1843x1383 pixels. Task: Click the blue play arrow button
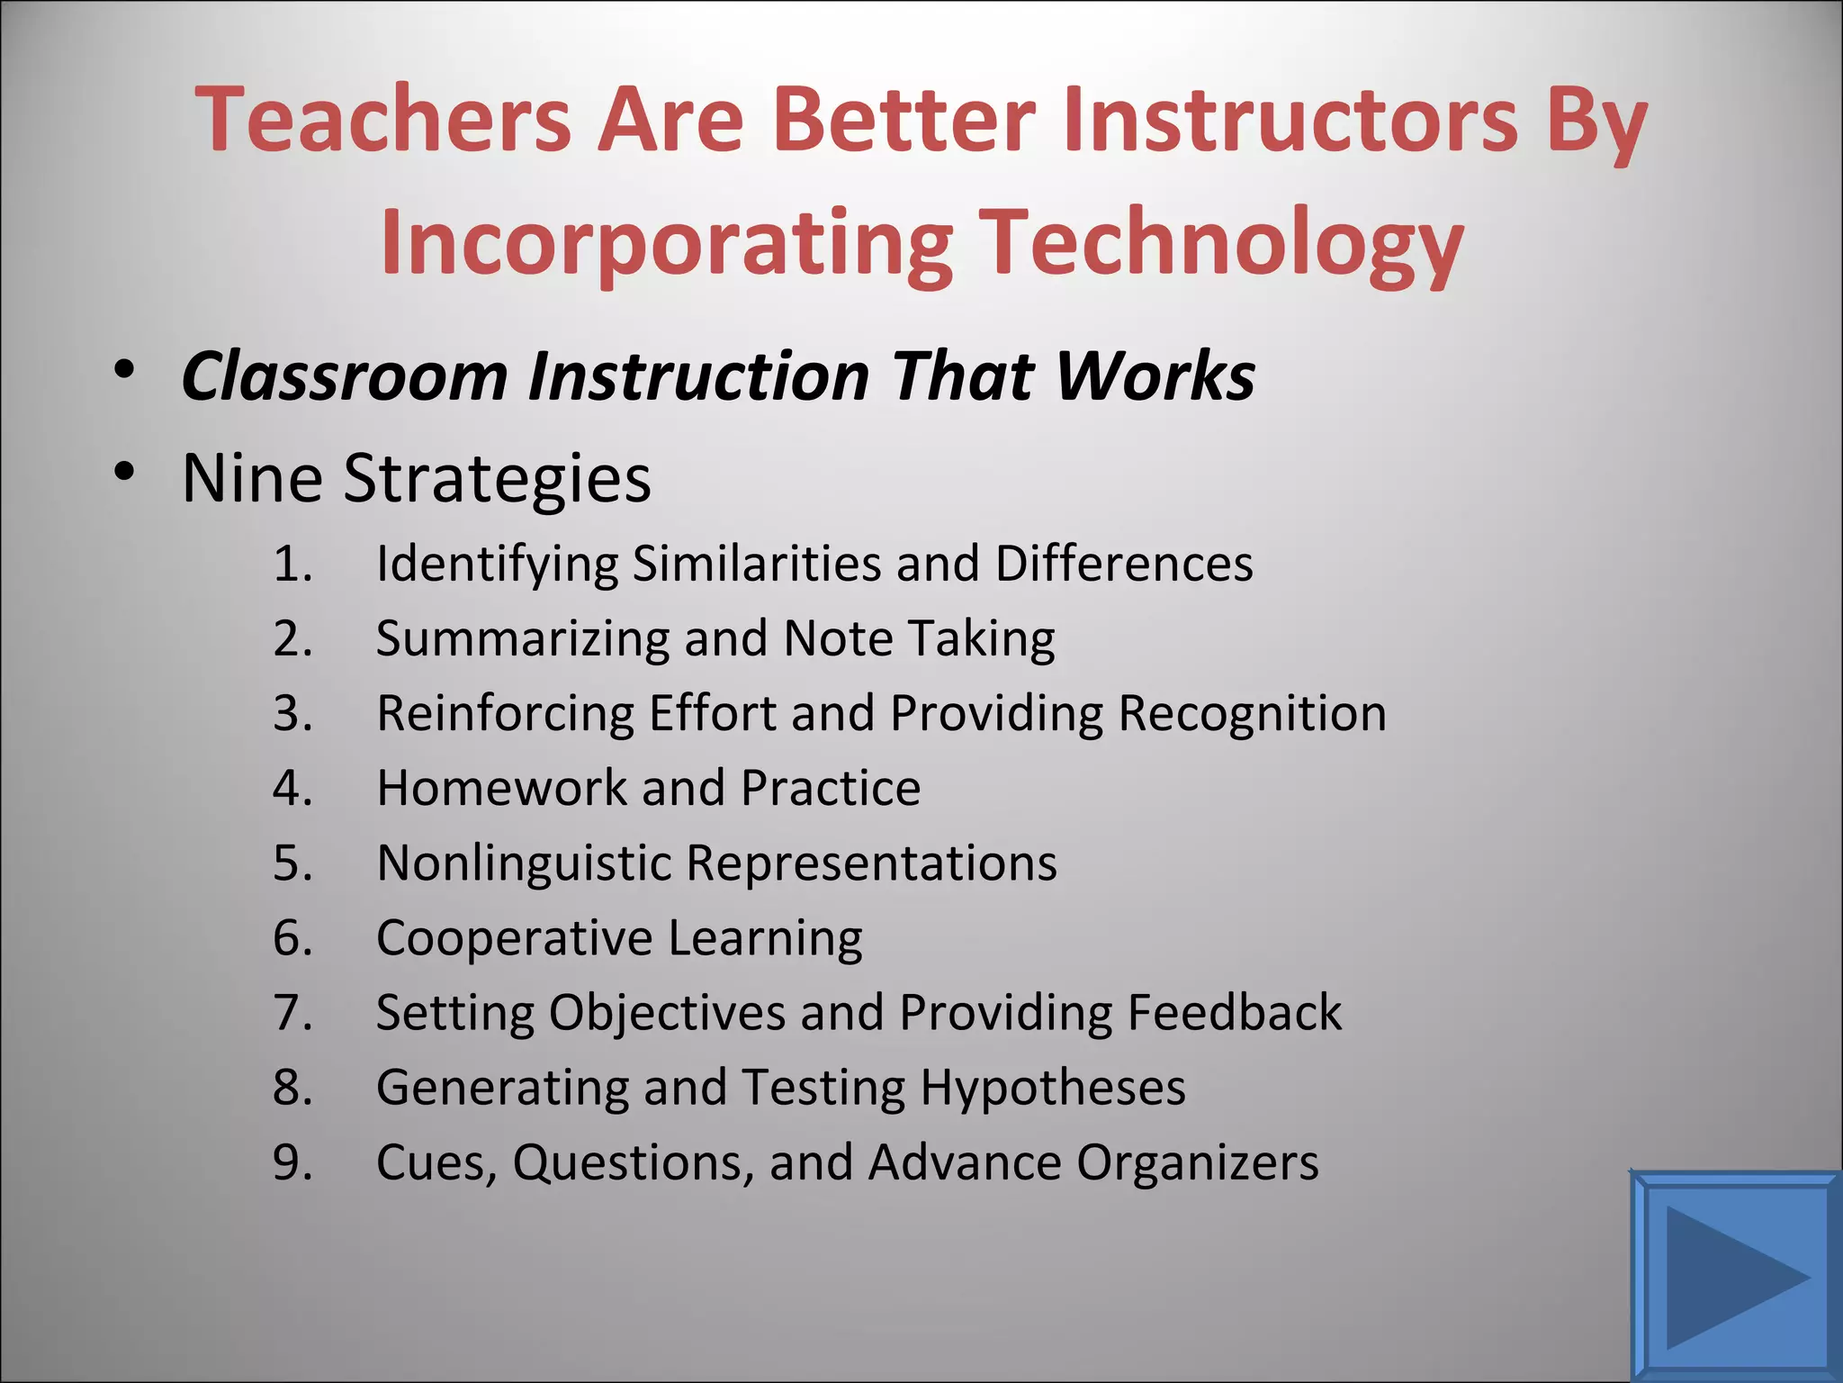[1734, 1276]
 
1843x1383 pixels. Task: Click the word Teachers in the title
[382, 119]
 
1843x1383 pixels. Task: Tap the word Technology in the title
[1221, 243]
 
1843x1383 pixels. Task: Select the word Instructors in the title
[1290, 119]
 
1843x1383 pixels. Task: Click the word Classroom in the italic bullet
[345, 376]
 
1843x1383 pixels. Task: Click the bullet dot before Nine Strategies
[124, 472]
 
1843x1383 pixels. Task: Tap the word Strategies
[497, 479]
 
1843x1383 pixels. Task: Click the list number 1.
[292, 565]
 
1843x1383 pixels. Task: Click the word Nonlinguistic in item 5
[525, 863]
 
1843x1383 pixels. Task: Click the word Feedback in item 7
[1234, 1013]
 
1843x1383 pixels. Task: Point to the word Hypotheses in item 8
[1052, 1089]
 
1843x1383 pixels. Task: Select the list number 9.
[292, 1163]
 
